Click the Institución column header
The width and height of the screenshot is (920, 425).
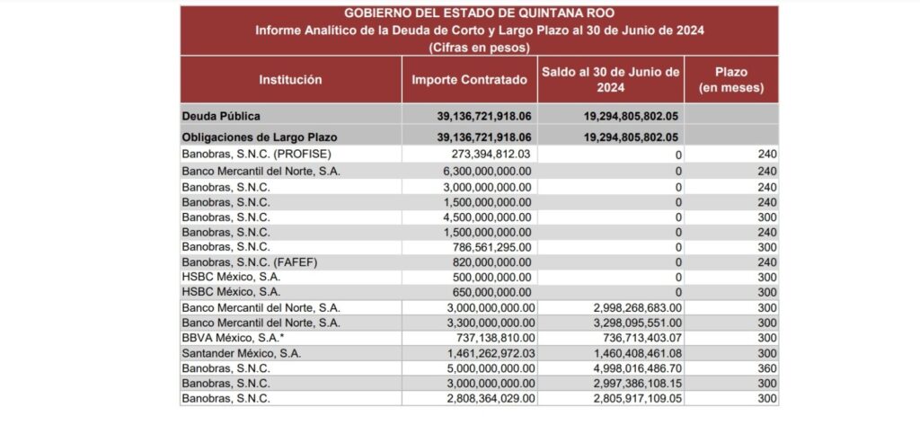coord(290,80)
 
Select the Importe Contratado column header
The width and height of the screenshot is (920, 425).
coord(469,80)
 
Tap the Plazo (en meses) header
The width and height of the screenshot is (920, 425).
coord(731,80)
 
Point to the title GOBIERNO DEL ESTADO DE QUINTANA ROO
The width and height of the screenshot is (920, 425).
coord(478,13)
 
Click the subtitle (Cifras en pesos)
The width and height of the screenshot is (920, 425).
coord(479,47)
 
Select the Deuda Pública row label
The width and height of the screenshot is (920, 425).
coord(222,117)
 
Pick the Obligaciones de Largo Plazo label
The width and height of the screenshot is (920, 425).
coord(252,137)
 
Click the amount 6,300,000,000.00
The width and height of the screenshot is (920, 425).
coord(481,171)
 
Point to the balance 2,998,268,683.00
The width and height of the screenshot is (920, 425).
coord(625,307)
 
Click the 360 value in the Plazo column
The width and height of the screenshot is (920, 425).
coord(765,367)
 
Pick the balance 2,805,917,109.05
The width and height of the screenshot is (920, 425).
coord(625,398)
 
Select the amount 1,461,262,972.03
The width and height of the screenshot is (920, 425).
coord(481,352)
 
